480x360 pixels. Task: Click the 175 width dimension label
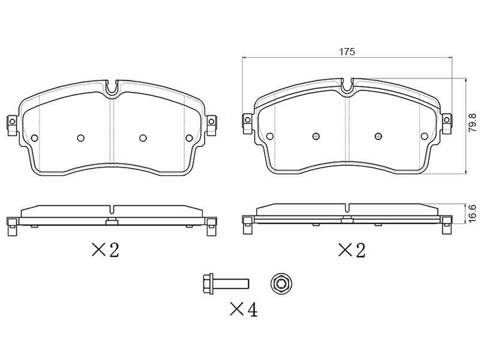(347, 52)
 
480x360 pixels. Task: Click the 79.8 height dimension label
(473, 123)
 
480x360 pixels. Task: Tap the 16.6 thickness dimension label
(473, 214)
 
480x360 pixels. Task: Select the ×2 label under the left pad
(106, 250)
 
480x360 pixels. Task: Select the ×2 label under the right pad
(352, 250)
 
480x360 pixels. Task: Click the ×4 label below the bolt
(244, 309)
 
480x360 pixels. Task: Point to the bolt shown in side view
(226, 283)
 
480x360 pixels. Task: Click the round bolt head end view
(281, 283)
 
